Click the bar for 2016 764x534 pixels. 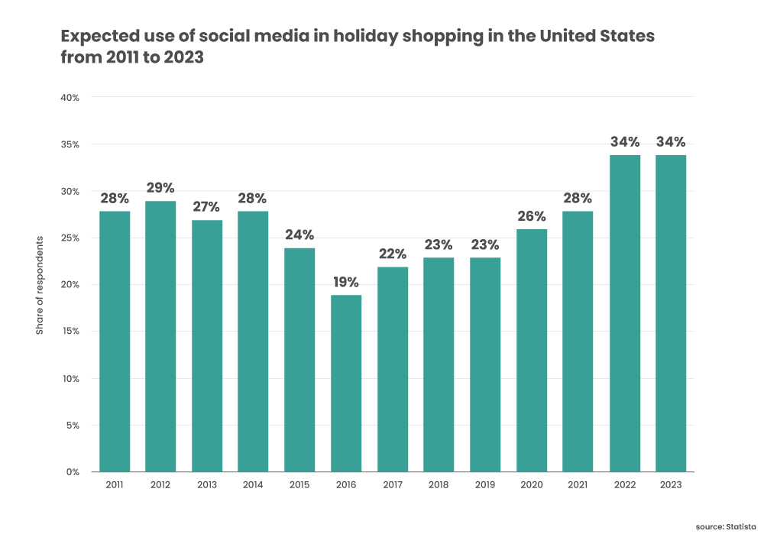tap(346, 384)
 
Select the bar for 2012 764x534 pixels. tap(160, 336)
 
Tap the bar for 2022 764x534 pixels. tap(624, 313)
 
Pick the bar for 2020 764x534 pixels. tap(532, 350)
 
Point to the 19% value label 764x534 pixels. tap(346, 282)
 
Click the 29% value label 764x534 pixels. tap(160, 188)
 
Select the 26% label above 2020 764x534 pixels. tap(532, 216)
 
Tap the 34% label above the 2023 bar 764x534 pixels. tap(670, 142)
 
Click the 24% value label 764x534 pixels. tap(299, 235)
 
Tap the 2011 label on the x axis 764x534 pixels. tap(115, 485)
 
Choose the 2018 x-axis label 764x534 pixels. tap(439, 485)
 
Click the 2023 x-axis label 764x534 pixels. tap(670, 485)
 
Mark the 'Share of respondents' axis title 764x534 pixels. tap(40, 285)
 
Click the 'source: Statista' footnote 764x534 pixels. tap(726, 526)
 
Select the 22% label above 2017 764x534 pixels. tap(393, 254)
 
